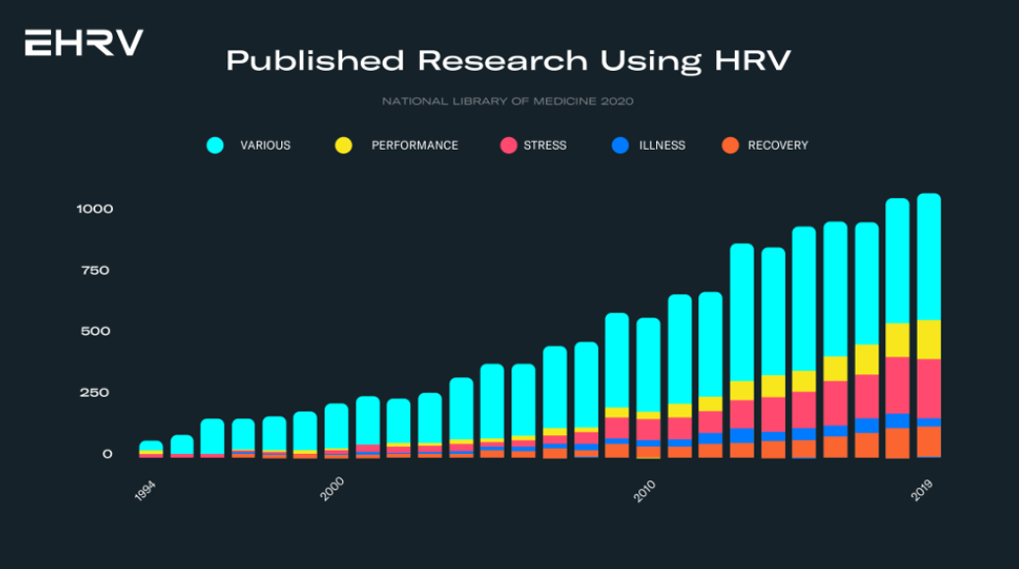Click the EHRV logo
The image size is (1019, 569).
(84, 42)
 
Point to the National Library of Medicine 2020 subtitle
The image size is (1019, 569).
(508, 100)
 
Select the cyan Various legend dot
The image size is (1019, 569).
(214, 146)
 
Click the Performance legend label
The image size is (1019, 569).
(414, 146)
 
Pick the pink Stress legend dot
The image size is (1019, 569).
(509, 146)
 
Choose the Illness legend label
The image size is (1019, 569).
(662, 146)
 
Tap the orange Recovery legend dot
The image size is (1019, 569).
(731, 146)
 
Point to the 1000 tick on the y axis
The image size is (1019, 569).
(94, 209)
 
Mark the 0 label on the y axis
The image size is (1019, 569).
(108, 454)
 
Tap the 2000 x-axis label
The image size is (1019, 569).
(332, 488)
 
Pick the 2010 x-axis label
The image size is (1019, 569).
(644, 488)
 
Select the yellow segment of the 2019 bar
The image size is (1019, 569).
(929, 340)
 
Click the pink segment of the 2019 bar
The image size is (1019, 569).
(929, 389)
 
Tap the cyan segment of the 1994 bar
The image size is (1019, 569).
(150, 446)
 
